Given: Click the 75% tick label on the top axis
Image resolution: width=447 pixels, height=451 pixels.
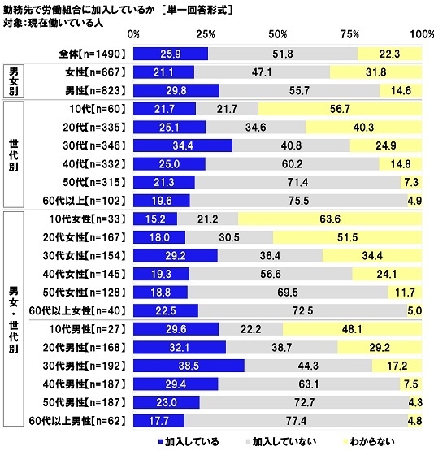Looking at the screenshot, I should click(x=350, y=36).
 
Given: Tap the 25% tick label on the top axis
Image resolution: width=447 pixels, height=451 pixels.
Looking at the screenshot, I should click(x=206, y=36).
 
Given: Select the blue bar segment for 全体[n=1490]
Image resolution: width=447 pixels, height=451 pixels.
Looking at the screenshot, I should click(x=171, y=54).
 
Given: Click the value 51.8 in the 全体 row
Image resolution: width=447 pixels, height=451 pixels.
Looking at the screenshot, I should click(x=284, y=54).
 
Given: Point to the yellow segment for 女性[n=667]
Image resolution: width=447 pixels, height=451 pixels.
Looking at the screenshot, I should click(x=376, y=72).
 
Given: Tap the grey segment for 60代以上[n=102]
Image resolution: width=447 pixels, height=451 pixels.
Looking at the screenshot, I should click(x=298, y=201).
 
